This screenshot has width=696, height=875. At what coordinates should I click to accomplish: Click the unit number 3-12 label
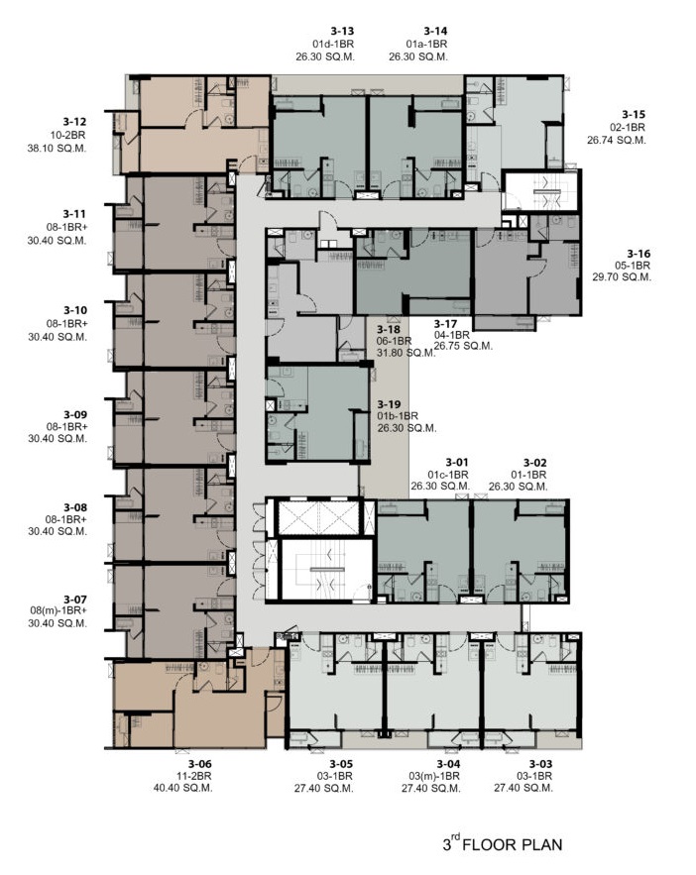coord(74,122)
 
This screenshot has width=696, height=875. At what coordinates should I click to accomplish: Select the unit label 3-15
coord(634,114)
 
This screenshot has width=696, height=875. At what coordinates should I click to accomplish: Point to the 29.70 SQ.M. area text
coord(622,276)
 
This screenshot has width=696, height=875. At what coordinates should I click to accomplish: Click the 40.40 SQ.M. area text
coord(183,788)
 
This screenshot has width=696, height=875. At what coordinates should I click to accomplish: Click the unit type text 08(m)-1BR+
coord(58,610)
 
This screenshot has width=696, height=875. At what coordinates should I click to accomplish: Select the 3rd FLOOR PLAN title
coord(503,843)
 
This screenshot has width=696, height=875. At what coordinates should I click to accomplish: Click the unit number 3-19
coord(389,404)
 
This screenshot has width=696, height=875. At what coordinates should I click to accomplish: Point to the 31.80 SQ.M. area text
coord(406,353)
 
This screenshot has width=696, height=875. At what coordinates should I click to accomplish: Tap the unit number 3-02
coord(534,463)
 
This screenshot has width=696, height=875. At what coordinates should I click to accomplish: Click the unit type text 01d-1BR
coord(333,44)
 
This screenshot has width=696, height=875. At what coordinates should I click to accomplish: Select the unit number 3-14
coord(435,32)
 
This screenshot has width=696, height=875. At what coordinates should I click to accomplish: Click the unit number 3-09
coord(75,414)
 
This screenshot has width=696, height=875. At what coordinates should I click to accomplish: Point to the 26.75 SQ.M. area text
coord(463,346)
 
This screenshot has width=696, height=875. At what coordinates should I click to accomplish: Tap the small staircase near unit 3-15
coord(541,191)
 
